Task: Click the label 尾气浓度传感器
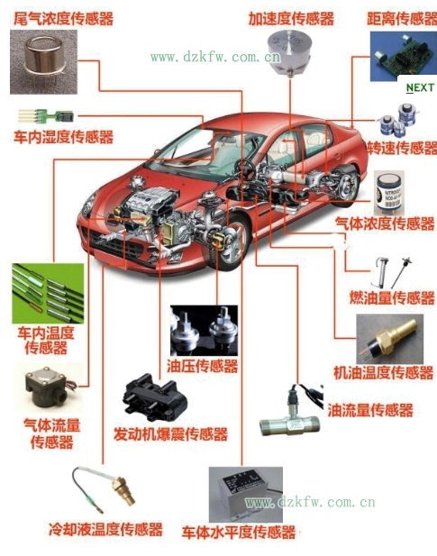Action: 57,17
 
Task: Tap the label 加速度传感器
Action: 291,18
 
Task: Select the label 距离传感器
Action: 401,18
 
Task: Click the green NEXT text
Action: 420,87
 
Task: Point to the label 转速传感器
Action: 402,148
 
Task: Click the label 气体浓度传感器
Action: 385,223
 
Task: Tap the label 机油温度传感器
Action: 383,372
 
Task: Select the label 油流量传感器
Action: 370,410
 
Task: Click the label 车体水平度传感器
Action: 239,533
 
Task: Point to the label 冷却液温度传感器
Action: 105,529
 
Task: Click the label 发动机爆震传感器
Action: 170,433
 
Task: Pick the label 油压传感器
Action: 203,366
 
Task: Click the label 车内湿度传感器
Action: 63,137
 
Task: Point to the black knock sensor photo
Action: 155,398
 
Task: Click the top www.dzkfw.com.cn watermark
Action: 215,57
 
